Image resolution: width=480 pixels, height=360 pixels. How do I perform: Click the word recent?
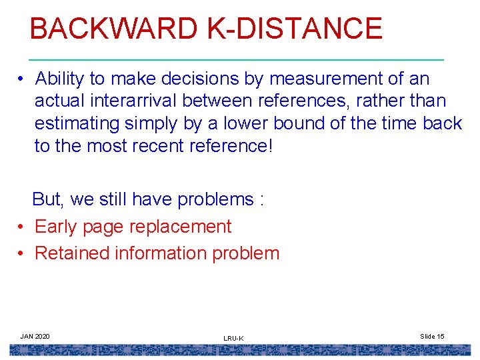(155, 146)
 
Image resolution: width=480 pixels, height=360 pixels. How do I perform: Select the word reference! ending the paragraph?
(229, 146)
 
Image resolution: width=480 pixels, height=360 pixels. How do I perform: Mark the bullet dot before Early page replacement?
(22, 227)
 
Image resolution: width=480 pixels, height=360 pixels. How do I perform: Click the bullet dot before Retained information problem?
(22, 253)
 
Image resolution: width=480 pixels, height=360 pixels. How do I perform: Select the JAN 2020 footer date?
(35, 336)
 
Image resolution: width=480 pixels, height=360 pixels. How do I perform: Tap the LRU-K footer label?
(233, 339)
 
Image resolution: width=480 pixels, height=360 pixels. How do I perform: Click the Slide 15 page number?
(432, 336)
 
